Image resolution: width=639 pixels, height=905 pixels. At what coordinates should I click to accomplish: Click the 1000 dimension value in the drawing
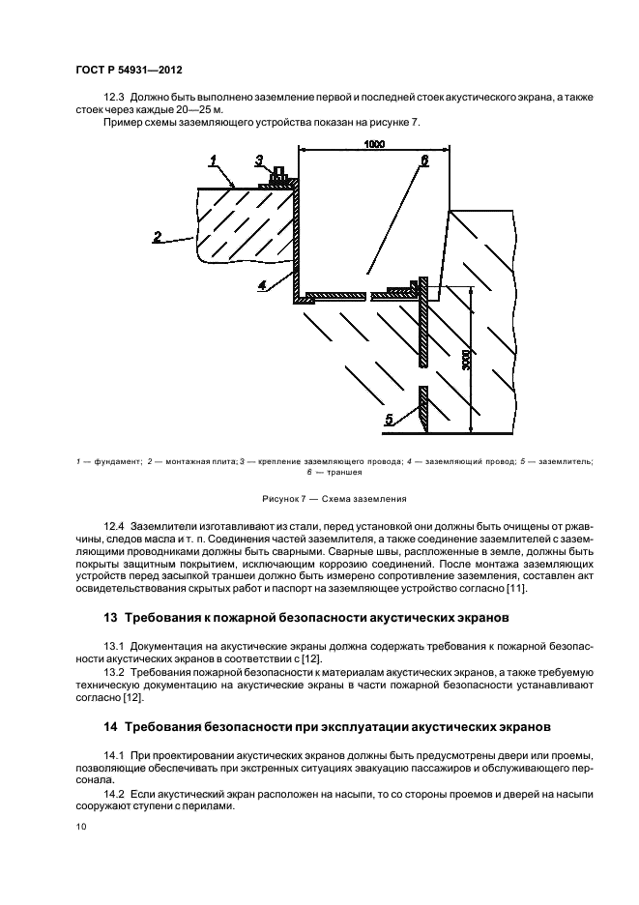[x=375, y=144]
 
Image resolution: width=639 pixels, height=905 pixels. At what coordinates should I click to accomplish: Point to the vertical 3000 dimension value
[x=465, y=361]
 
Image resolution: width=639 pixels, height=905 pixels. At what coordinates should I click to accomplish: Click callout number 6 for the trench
[x=422, y=160]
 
